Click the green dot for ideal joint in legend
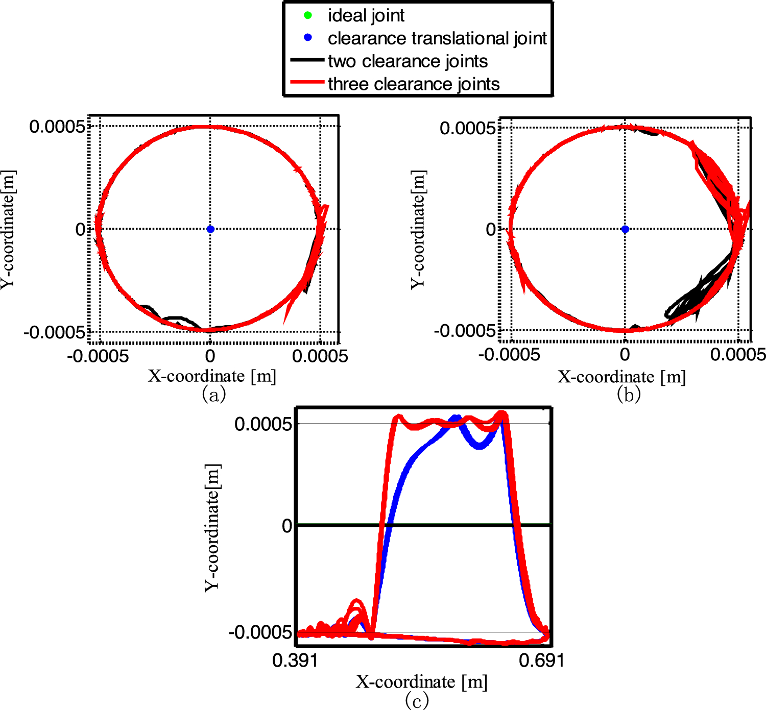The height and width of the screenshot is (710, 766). (307, 15)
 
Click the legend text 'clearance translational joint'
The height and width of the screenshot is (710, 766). (437, 38)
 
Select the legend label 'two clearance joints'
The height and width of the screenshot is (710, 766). (408, 61)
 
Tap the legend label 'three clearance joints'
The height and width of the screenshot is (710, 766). (414, 84)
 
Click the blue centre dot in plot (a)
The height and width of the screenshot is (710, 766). (210, 229)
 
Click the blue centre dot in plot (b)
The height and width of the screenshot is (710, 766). (625, 229)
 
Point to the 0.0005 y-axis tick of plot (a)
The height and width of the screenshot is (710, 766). (57, 127)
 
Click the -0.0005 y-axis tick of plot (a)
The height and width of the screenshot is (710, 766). (54, 333)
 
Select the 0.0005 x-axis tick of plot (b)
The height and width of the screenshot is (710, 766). (738, 355)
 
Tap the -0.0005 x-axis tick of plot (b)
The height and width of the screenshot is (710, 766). (509, 355)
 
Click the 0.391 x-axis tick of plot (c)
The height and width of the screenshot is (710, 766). (295, 660)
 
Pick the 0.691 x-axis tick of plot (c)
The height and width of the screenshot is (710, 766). (542, 660)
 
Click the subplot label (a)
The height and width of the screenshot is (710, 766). (213, 395)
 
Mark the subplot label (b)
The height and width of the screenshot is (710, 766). (628, 395)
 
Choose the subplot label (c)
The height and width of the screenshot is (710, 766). (416, 700)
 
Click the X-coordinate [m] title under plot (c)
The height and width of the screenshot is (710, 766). (421, 682)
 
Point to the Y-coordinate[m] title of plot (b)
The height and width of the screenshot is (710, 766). (418, 229)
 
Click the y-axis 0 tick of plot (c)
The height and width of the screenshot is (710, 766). (287, 526)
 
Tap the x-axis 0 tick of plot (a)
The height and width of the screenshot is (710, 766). (210, 356)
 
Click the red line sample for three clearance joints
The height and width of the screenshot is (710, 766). (307, 82)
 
